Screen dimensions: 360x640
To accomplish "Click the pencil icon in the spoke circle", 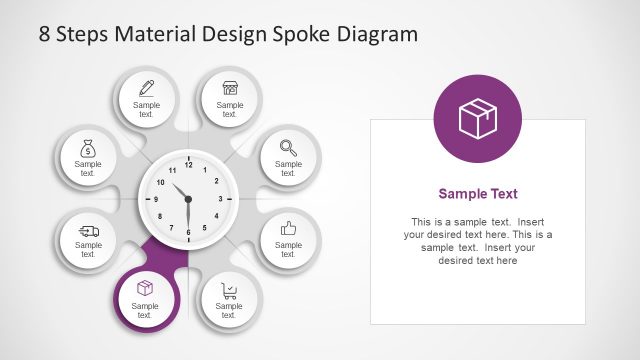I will [x=146, y=87].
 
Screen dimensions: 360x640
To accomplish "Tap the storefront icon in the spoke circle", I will [x=230, y=87].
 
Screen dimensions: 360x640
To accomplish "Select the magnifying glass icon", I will [x=288, y=146].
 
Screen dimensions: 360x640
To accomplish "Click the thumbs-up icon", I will [x=288, y=228].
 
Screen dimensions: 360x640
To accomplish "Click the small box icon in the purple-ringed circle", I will [x=145, y=288].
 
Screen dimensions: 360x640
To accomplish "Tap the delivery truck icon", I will [x=88, y=230].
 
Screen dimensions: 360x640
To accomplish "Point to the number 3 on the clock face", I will [x=220, y=199].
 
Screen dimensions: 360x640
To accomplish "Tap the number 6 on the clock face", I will [x=187, y=233].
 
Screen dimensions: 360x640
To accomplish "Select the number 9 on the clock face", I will [x=155, y=199].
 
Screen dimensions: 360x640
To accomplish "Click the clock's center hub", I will [x=187, y=199].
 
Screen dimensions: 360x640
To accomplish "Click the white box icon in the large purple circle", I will [x=478, y=119].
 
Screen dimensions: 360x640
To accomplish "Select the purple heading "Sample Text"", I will [x=478, y=194].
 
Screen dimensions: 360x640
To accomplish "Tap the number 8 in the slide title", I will [x=45, y=33].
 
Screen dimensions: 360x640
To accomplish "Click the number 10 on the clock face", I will [x=160, y=182].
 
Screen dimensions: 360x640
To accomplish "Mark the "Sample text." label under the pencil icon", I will [x=146, y=109].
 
